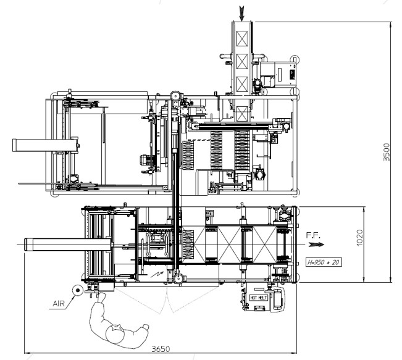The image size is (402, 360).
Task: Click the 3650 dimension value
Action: (x=161, y=349)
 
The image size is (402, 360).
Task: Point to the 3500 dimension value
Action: (x=387, y=152)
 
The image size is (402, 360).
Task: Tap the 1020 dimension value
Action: (x=359, y=238)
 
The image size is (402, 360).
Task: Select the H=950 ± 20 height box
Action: (x=324, y=262)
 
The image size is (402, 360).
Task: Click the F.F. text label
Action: (x=313, y=235)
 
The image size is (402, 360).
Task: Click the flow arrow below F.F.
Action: (x=316, y=245)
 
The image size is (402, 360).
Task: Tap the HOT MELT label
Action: (x=259, y=298)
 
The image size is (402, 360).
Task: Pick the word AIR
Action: (x=59, y=304)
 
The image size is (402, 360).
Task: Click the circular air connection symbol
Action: (x=78, y=290)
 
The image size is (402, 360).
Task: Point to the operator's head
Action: (x=115, y=334)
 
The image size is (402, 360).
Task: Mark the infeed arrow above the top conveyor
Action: (x=241, y=14)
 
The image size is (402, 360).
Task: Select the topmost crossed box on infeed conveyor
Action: (x=242, y=39)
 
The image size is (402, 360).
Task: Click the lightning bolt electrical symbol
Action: (x=157, y=274)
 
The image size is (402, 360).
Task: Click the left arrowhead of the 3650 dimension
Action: (x=28, y=353)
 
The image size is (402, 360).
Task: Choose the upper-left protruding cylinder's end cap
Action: (x=14, y=145)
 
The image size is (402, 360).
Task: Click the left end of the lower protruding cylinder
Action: (x=26, y=245)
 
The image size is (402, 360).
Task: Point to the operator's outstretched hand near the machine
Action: (x=101, y=296)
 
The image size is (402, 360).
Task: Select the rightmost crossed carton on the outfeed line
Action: (x=264, y=245)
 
